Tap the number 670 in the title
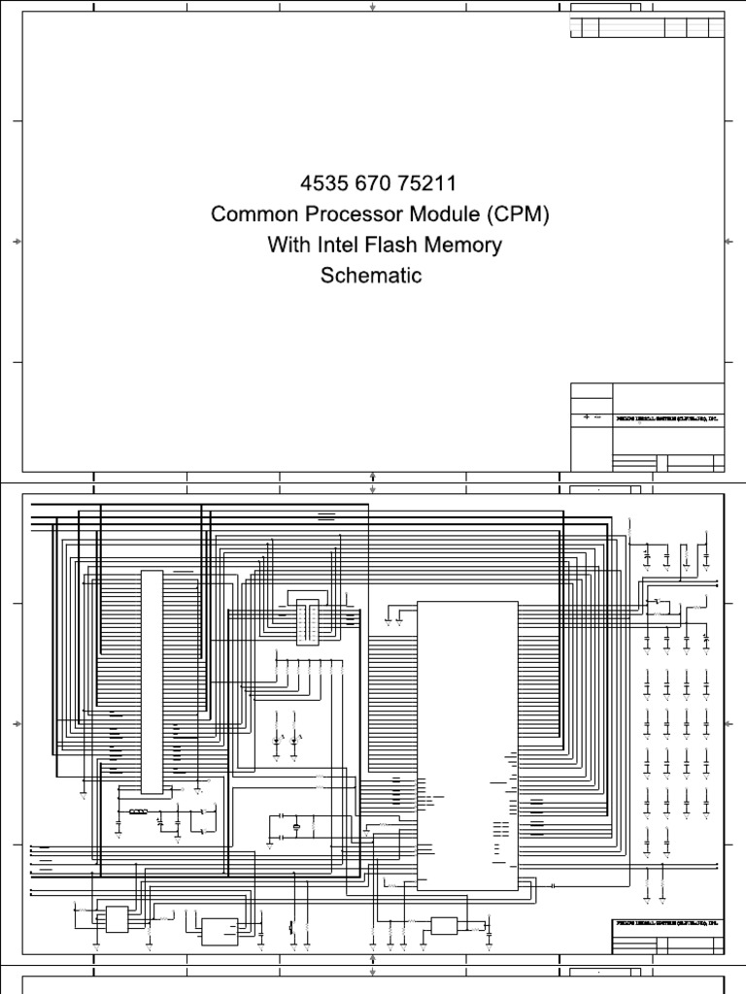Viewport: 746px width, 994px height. (x=365, y=184)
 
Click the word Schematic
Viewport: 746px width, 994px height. (x=371, y=276)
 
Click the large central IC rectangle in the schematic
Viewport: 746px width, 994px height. (x=467, y=745)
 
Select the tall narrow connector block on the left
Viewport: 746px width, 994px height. (x=153, y=679)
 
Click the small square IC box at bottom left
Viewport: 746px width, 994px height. (x=118, y=918)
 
